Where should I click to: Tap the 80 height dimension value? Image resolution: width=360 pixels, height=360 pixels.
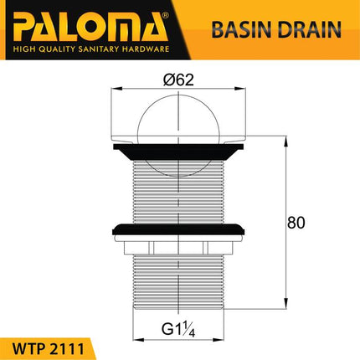[x=296, y=223]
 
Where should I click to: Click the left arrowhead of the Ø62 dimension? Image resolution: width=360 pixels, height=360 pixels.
[x=114, y=91]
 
